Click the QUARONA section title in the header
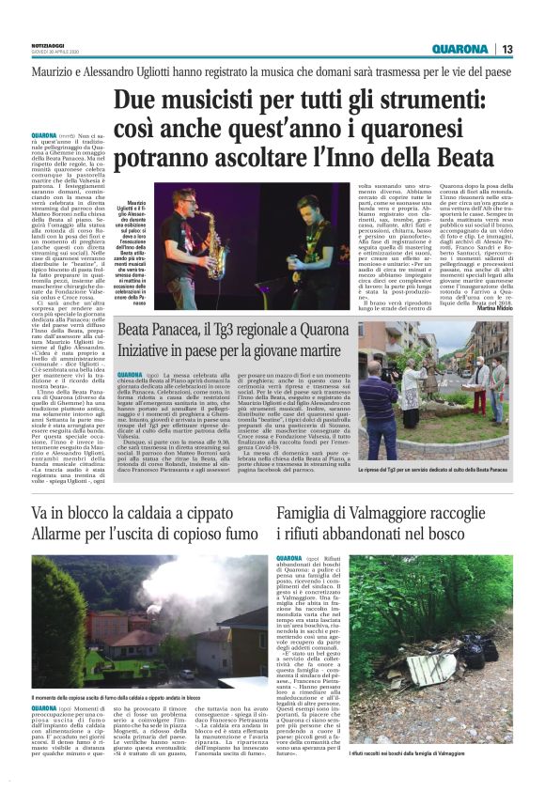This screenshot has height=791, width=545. (459, 49)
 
